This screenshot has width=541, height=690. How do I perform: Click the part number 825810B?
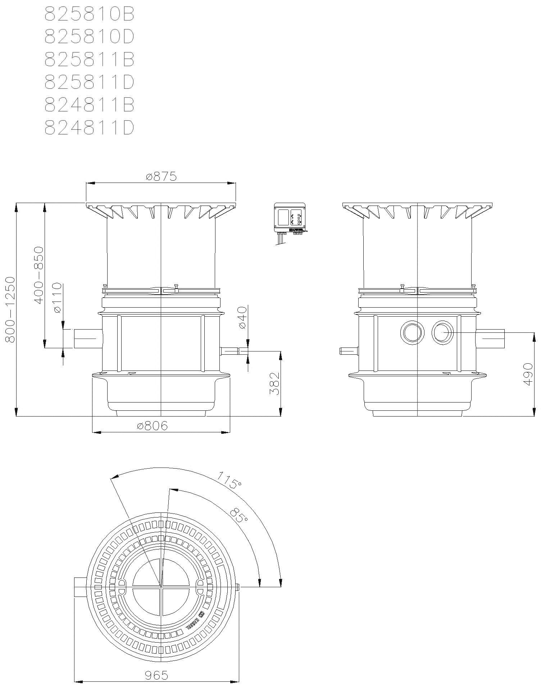(89, 14)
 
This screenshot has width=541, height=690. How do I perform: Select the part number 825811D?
(89, 82)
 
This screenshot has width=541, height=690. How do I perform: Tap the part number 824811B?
(89, 105)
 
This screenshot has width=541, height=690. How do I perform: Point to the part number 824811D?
(89, 128)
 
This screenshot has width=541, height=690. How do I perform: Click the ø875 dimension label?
(161, 177)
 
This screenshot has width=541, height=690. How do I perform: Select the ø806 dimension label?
(153, 426)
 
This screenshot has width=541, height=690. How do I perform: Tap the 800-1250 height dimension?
(10, 309)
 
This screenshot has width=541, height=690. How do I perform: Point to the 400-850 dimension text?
(38, 275)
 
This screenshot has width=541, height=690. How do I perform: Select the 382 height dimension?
(275, 383)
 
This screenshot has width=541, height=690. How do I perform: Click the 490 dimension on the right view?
(528, 374)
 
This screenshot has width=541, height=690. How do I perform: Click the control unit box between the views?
(290, 218)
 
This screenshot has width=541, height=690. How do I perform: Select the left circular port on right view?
(412, 333)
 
